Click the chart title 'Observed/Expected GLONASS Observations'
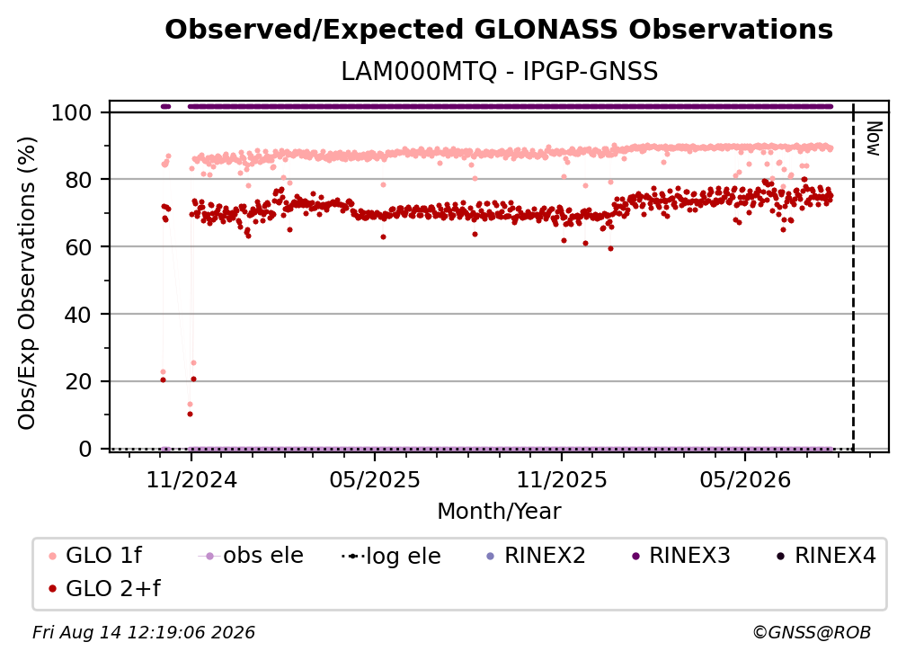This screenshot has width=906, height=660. click(499, 30)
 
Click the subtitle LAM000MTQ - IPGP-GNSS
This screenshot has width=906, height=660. click(499, 72)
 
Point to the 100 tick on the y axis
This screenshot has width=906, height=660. click(72, 112)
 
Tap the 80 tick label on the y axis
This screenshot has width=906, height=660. click(78, 181)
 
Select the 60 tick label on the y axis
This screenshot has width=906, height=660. click(78, 247)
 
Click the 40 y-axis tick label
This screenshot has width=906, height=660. click(78, 315)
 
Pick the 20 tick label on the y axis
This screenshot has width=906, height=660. click(78, 382)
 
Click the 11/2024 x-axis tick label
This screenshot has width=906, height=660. click(191, 480)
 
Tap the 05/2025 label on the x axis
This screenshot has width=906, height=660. click(375, 480)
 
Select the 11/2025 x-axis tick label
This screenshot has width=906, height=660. click(562, 480)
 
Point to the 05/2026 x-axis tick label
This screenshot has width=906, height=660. click(745, 480)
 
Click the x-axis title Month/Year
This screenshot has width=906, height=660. click(499, 512)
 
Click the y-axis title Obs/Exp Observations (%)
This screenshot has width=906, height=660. click(27, 282)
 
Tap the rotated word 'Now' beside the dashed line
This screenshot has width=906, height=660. click(873, 138)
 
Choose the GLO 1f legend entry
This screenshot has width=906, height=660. click(96, 556)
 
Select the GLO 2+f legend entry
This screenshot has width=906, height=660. click(104, 588)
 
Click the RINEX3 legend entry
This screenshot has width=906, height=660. click(681, 556)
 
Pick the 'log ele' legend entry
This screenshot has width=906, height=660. click(391, 557)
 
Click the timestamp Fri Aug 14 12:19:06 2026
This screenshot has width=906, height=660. click(143, 633)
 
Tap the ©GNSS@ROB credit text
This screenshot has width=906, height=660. click(812, 633)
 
